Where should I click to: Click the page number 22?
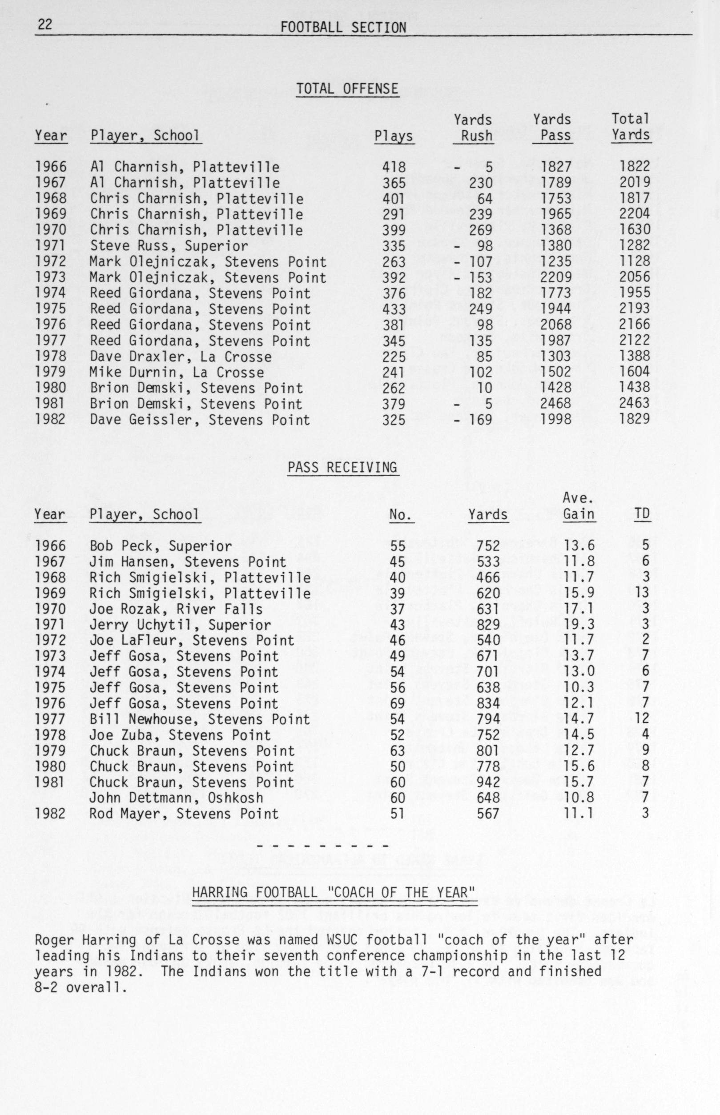click(45, 25)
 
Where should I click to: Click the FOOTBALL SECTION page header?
click(343, 28)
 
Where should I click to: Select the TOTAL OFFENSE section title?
click(347, 89)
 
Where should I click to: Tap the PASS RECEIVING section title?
click(343, 468)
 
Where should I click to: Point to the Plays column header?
click(394, 136)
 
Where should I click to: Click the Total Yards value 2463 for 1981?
click(635, 403)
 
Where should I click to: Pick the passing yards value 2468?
click(556, 403)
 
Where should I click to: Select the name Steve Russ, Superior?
click(169, 245)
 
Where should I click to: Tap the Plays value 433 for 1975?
click(394, 309)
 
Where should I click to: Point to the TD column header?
click(642, 514)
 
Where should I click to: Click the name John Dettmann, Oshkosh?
click(176, 798)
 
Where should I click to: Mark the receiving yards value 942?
click(489, 782)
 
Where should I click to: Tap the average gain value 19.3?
click(579, 624)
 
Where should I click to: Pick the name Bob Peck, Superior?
click(161, 546)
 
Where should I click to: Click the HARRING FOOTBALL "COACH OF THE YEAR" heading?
click(334, 893)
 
